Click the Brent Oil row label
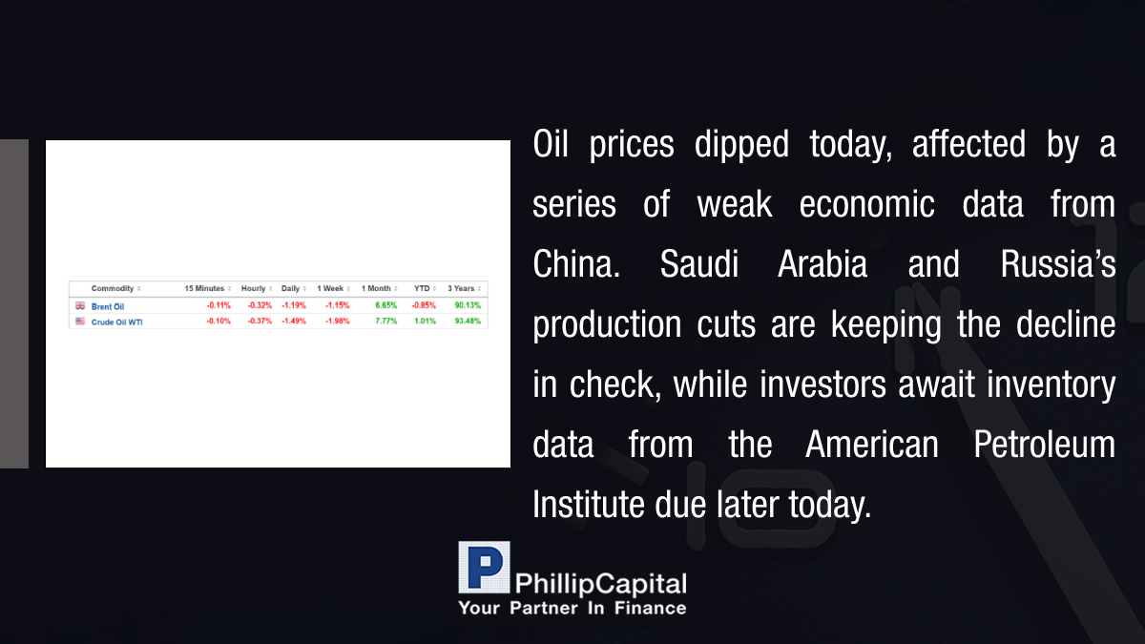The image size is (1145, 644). [107, 306]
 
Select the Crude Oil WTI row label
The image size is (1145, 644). [116, 322]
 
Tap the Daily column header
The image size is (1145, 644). [290, 288]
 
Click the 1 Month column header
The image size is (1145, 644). [376, 288]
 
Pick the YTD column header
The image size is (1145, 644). [422, 288]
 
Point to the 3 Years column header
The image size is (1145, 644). [461, 288]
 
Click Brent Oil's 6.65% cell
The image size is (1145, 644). [385, 305]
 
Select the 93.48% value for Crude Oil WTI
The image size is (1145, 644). [468, 321]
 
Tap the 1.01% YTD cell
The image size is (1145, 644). [425, 321]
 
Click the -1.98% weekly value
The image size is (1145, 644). [338, 321]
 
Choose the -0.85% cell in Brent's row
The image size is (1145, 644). [424, 305]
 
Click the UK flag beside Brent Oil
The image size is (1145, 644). [80, 305]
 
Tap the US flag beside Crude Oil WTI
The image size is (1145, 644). [80, 321]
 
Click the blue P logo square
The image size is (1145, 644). [484, 568]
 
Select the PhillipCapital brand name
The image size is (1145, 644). [600, 584]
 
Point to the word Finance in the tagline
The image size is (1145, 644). [650, 609]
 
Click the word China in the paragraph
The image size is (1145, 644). [576, 264]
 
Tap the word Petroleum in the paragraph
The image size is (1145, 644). [1044, 445]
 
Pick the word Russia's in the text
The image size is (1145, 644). [1058, 264]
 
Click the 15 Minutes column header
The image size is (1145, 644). [204, 288]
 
